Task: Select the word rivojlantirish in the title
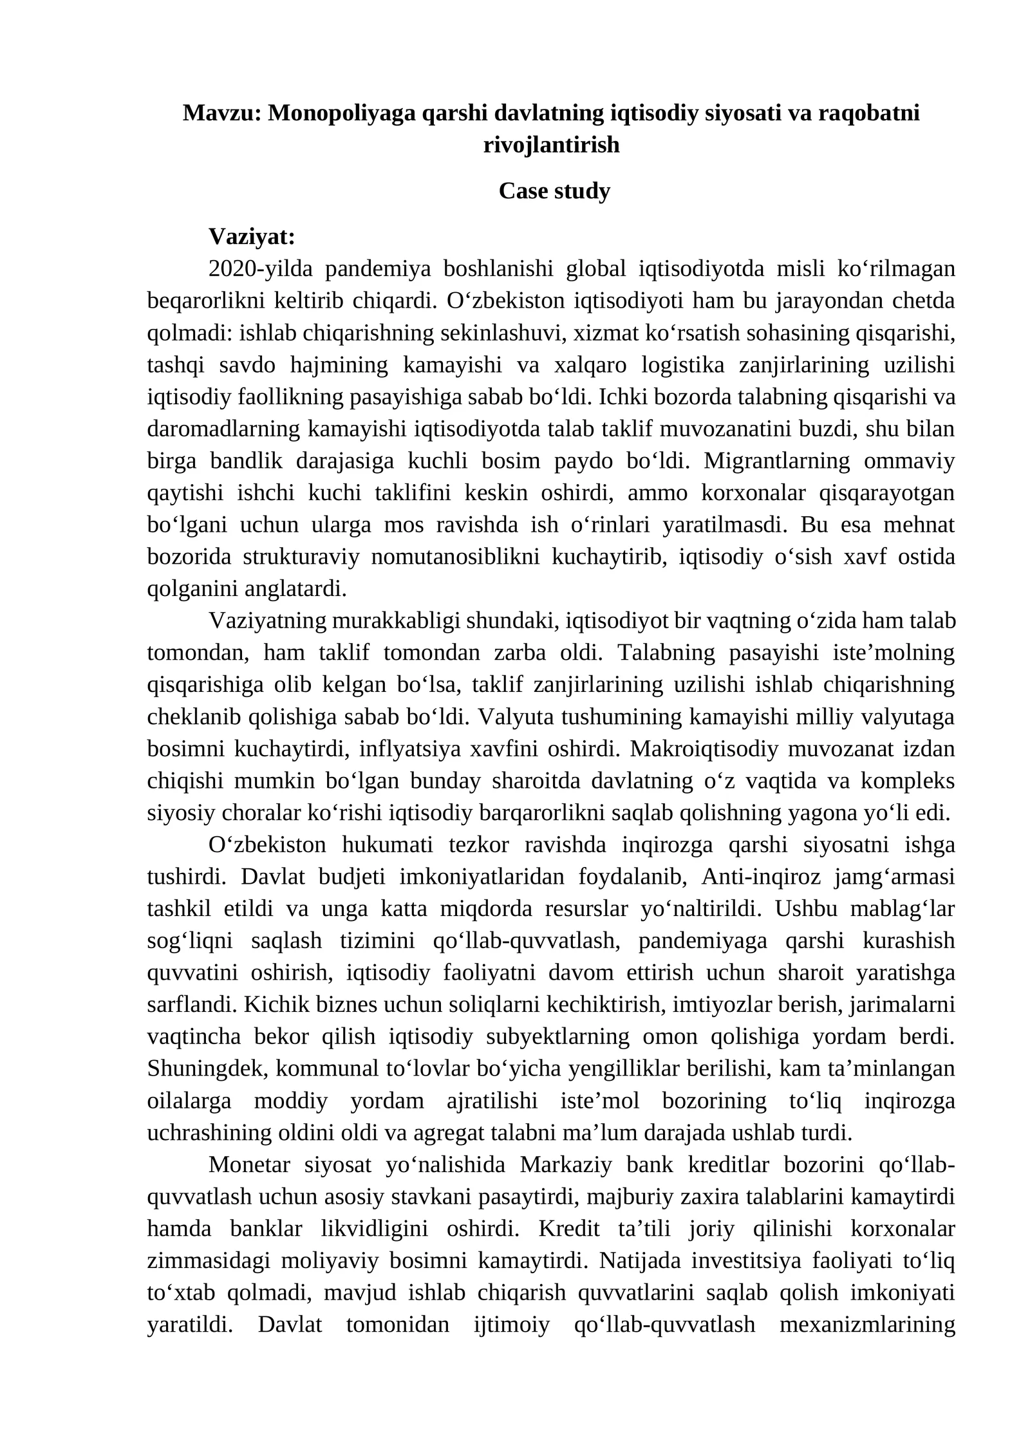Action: (551, 145)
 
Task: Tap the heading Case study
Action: (554, 191)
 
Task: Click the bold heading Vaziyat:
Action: (252, 237)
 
